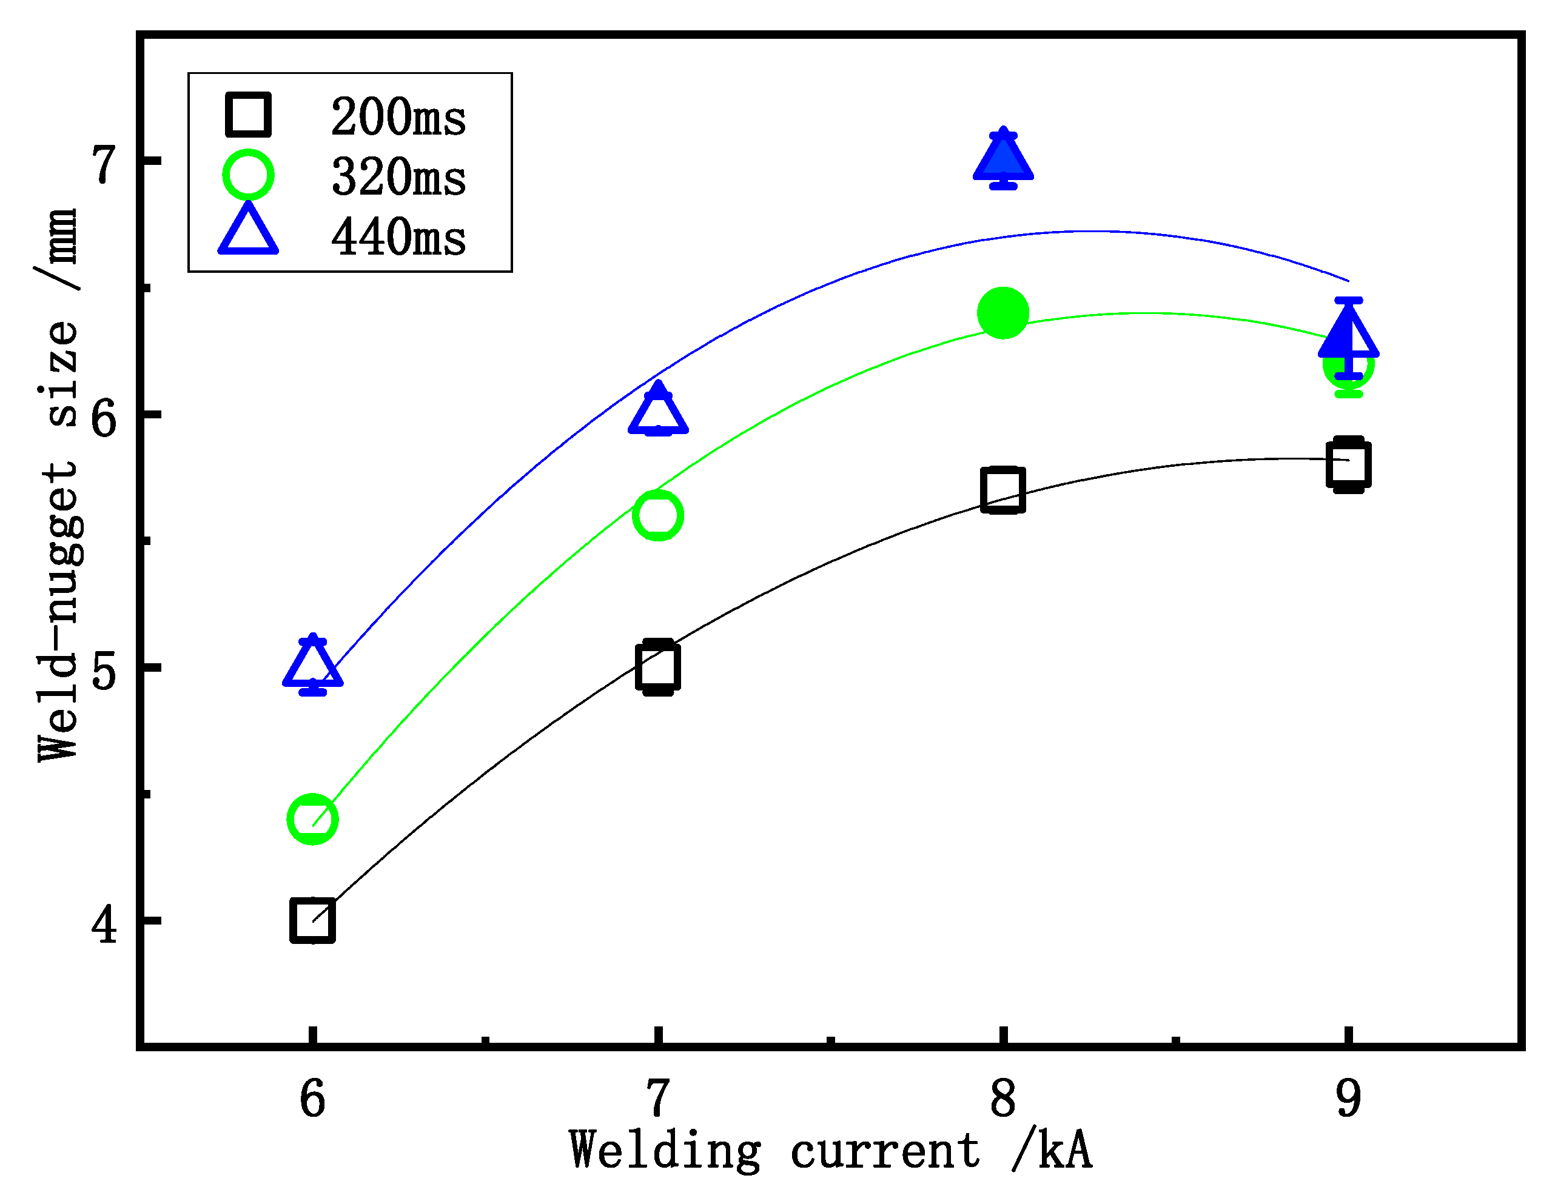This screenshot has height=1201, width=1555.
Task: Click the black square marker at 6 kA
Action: point(312,920)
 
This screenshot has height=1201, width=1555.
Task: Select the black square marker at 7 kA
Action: point(658,667)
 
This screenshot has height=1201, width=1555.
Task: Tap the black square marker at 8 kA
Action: point(1003,490)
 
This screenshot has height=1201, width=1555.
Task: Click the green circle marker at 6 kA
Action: point(312,820)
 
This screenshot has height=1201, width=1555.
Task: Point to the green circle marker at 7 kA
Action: point(658,515)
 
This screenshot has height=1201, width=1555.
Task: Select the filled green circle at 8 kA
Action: point(1003,313)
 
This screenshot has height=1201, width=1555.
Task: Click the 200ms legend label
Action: point(398,117)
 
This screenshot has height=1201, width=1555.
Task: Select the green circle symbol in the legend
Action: point(248,175)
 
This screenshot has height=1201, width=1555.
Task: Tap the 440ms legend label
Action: point(398,237)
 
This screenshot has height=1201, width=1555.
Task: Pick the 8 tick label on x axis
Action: point(1003,1099)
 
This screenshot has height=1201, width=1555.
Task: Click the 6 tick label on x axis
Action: point(312,1099)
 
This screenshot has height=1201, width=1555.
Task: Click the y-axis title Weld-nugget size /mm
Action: point(58,484)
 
